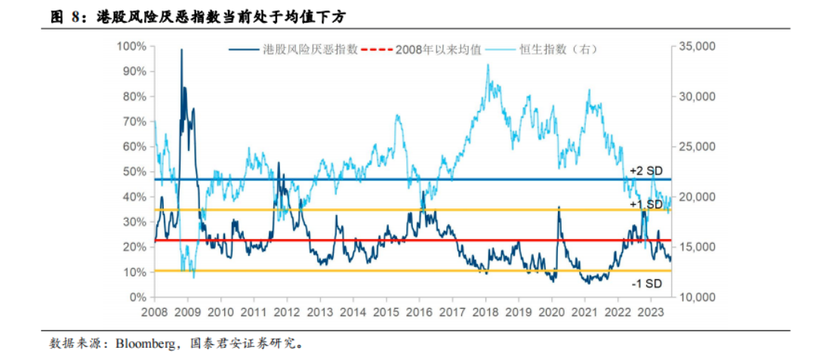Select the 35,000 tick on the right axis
(x=696, y=47)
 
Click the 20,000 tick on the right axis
(x=696, y=197)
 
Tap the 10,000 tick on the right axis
(x=696, y=297)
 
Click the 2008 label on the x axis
(x=154, y=311)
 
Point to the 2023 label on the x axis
(x=650, y=311)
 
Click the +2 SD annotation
(x=646, y=171)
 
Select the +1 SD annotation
(x=646, y=204)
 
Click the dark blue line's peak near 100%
(x=181, y=50)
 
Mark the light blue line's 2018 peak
(x=488, y=65)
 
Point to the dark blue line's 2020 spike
(x=559, y=207)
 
